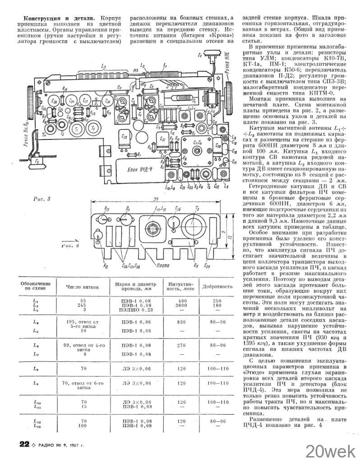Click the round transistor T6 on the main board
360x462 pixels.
[x=93, y=129]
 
